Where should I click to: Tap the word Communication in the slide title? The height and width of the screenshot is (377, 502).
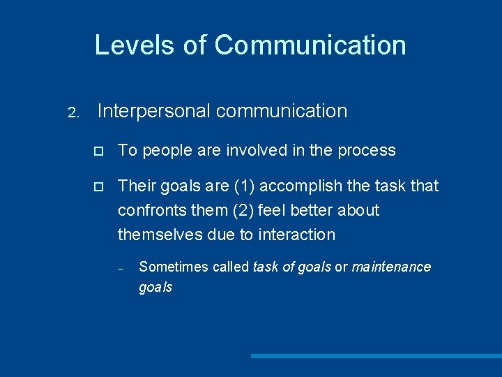(310, 45)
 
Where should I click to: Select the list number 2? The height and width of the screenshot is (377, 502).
(74, 112)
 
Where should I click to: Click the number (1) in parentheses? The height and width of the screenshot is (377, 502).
(243, 186)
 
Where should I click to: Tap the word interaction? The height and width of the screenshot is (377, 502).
(296, 235)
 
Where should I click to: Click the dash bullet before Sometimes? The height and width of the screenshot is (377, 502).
(121, 268)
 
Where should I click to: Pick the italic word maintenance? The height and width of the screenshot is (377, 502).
(391, 267)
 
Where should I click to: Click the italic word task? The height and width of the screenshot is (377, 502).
(266, 267)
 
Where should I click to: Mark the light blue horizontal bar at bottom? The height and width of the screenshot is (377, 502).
(376, 356)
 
